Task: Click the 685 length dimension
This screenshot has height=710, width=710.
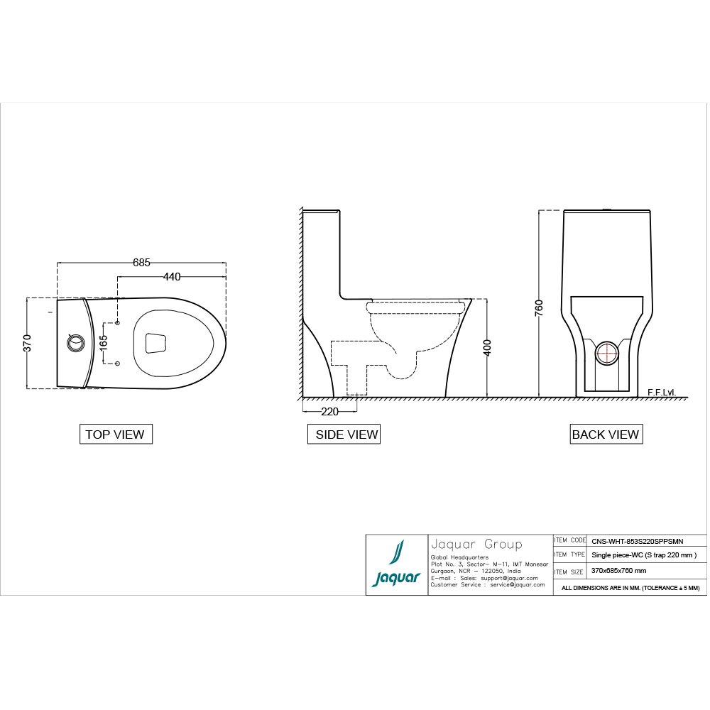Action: [141, 263]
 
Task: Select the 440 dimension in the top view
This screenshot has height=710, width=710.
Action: [171, 276]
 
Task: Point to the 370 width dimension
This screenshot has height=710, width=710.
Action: [26, 342]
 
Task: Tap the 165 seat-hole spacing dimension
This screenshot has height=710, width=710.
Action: [104, 343]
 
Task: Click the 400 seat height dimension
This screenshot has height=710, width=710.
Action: [488, 347]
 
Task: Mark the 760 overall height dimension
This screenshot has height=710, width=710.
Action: [539, 307]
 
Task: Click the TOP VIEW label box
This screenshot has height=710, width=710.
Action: [115, 435]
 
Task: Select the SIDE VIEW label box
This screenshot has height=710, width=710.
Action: [344, 435]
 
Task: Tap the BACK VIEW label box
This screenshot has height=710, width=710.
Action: [606, 435]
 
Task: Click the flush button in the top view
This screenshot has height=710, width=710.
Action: [75, 343]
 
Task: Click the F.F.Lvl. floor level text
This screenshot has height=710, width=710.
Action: [661, 392]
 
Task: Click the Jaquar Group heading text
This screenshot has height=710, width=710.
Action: [476, 545]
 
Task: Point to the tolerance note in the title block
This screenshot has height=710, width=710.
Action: [630, 588]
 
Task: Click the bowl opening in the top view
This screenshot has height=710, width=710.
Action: [155, 343]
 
